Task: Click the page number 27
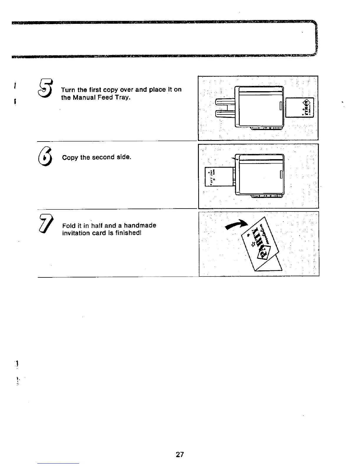click(180, 455)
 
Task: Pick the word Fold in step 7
click(68, 226)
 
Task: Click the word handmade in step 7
click(140, 226)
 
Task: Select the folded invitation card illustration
click(260, 246)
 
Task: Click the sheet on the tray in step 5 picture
click(299, 108)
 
